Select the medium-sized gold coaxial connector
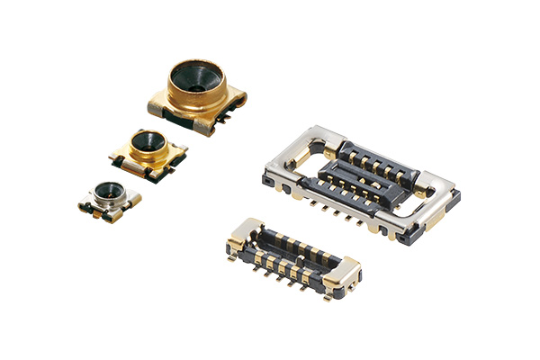pyautogui.click(x=148, y=153)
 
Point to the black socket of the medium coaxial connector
pyautogui.click(x=148, y=141)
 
